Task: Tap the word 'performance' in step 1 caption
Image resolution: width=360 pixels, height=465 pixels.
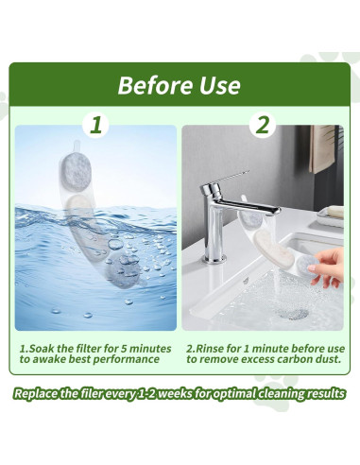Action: (126, 360)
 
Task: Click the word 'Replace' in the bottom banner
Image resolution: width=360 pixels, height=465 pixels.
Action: (36, 393)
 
